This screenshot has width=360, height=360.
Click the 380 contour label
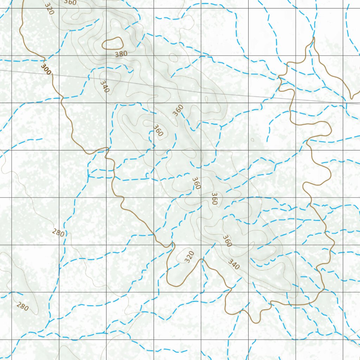(x=121, y=54)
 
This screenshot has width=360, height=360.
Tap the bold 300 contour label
(x=46, y=69)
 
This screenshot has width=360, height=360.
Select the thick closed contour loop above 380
(x=112, y=44)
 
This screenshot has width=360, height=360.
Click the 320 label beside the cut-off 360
(x=50, y=8)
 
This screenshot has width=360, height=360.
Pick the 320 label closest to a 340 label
(x=189, y=257)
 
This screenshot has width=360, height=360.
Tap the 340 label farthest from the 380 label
(x=234, y=264)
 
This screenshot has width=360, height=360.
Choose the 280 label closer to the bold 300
(x=58, y=232)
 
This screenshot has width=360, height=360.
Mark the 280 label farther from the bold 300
(x=22, y=307)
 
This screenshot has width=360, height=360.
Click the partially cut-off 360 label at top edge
(x=70, y=2)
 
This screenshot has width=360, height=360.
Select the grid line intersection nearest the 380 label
(x=106, y=56)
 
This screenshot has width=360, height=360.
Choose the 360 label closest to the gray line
(x=178, y=110)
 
